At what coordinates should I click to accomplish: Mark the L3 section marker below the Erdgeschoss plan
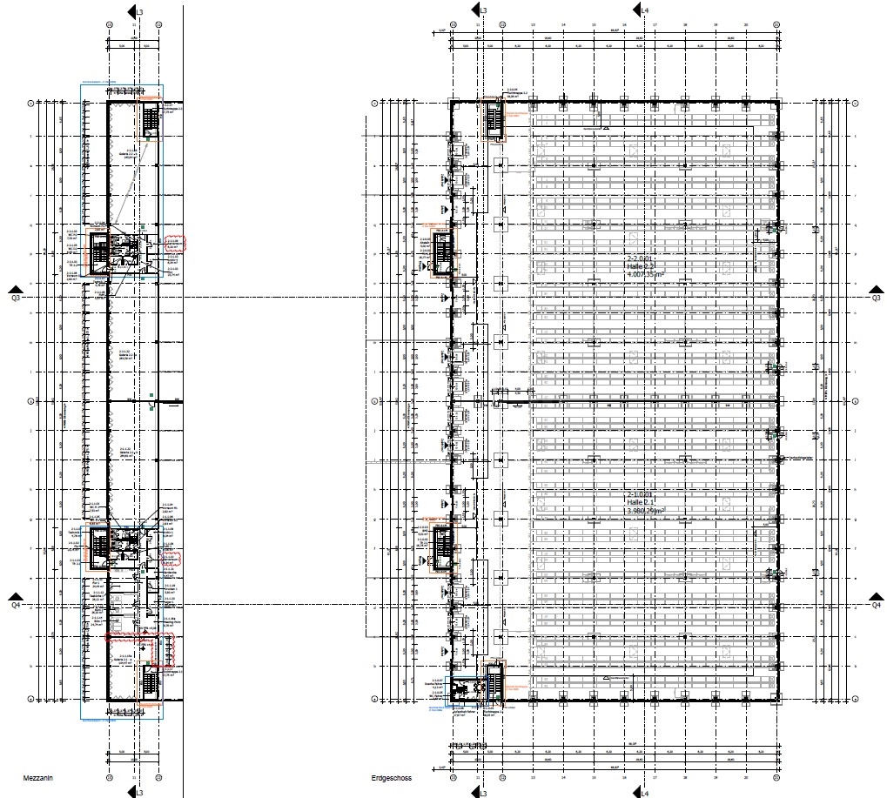pos(479,791)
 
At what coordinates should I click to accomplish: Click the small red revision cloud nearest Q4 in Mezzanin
pos(171,558)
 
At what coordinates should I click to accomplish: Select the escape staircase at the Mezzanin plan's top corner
pos(151,120)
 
